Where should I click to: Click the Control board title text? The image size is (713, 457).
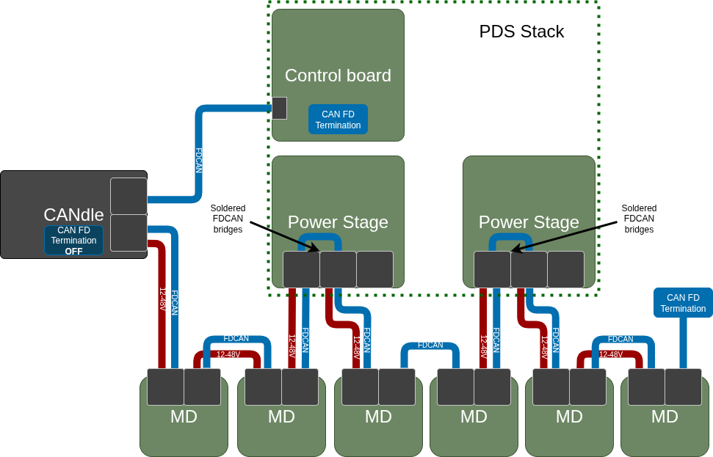(338, 76)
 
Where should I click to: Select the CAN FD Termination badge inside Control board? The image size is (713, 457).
(338, 120)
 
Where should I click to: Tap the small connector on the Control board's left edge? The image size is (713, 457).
(279, 108)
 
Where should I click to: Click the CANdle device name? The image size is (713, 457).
(73, 215)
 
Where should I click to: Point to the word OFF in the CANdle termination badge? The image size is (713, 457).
(73, 251)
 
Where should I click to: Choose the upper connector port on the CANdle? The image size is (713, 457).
(129, 196)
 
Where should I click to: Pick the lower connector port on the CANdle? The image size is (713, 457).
(129, 233)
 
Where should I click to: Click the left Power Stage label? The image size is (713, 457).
(338, 222)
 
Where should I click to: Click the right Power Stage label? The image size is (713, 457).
(529, 222)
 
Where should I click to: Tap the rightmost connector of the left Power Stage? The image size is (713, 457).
(374, 269)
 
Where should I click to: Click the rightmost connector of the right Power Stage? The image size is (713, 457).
(565, 269)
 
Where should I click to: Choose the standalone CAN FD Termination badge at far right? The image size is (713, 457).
(683, 303)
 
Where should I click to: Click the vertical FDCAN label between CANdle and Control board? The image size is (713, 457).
(198, 160)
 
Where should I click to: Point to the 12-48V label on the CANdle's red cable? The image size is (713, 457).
(163, 299)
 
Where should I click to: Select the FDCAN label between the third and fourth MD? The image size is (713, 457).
(430, 345)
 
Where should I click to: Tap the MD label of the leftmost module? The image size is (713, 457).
(184, 417)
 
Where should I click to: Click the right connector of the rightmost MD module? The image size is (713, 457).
(683, 387)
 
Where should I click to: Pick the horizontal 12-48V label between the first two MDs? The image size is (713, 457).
(228, 354)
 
